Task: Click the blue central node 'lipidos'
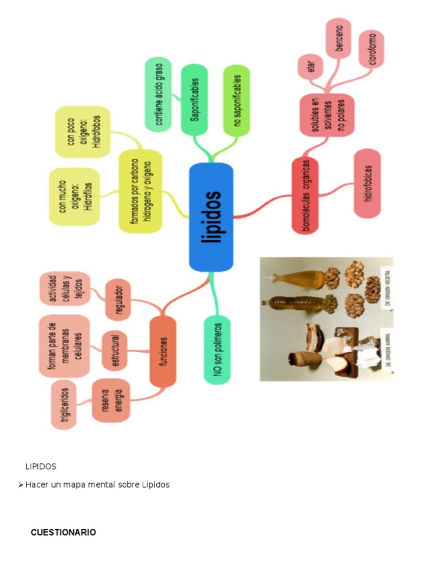[x=211, y=217]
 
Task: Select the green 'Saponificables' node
[x=194, y=100]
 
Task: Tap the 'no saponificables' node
[x=237, y=101]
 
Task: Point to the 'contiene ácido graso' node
[x=158, y=95]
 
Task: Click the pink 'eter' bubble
[x=310, y=67]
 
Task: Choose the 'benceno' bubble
[x=338, y=38]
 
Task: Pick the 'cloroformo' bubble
[x=372, y=49]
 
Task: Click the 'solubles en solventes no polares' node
[x=326, y=115]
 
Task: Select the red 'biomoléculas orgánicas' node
[x=305, y=195]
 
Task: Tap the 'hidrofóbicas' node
[x=367, y=184]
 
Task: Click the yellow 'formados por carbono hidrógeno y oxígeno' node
[x=140, y=191]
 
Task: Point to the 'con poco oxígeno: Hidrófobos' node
[x=83, y=132]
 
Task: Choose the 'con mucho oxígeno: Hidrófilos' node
[x=75, y=197]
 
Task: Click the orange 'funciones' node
[x=163, y=352]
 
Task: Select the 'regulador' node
[x=118, y=300]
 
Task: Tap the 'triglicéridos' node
[x=65, y=404]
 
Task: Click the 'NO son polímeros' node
[x=217, y=349]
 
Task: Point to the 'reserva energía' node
[x=110, y=400]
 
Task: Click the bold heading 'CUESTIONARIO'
[x=63, y=532]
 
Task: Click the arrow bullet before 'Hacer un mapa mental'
[x=20, y=485]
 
